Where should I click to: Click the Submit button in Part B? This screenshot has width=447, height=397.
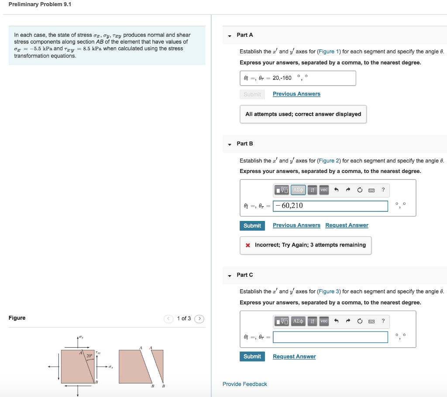(252, 226)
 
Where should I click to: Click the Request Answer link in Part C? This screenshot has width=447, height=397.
(294, 357)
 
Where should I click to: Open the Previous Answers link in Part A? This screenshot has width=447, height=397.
(296, 94)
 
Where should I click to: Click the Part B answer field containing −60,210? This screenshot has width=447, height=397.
(330, 206)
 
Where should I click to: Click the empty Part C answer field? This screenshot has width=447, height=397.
(330, 337)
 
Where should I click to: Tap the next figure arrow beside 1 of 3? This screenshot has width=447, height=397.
(199, 318)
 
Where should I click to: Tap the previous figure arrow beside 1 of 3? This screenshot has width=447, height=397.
(169, 318)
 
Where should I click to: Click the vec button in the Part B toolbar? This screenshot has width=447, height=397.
(323, 190)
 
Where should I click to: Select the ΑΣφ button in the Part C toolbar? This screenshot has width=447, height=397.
(298, 321)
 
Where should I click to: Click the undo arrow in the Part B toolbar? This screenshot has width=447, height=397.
(336, 190)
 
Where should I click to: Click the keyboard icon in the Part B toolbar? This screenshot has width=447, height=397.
(371, 190)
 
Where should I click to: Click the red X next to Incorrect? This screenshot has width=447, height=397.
(248, 245)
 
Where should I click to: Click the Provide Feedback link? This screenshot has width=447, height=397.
(244, 384)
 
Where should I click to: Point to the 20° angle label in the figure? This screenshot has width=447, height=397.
(89, 356)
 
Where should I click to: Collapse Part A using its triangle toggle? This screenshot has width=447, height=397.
(230, 35)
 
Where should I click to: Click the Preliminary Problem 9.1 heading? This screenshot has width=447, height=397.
(40, 4)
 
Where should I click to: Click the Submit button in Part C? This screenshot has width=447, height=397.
(252, 357)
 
